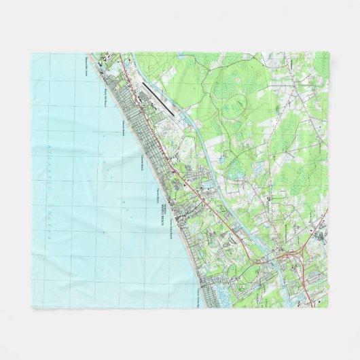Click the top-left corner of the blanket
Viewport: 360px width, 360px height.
click(x=30, y=53)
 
